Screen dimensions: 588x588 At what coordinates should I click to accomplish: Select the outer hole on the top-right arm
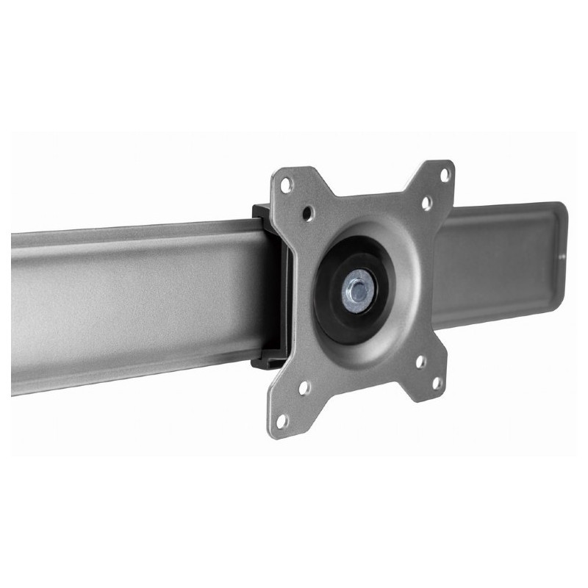pyautogui.click(x=444, y=174)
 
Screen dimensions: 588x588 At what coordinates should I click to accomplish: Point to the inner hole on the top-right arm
pyautogui.click(x=426, y=204)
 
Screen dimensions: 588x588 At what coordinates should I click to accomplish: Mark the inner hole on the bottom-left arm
pyautogui.click(x=305, y=387)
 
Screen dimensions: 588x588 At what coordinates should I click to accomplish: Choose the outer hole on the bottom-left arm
pyautogui.click(x=282, y=420)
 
